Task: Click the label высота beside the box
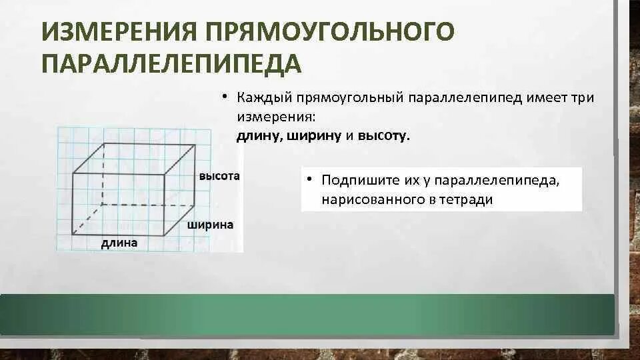click(219, 177)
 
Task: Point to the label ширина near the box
click(210, 225)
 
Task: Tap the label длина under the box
click(119, 243)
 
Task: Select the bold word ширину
click(316, 136)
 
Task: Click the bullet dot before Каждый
click(226, 97)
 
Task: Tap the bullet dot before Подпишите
click(311, 180)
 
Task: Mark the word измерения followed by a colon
click(275, 117)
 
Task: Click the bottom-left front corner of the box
click(72, 234)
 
